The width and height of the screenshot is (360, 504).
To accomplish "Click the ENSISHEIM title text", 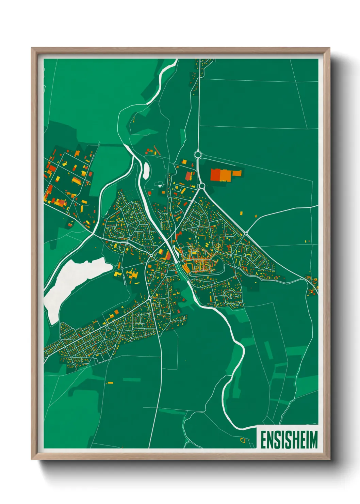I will click(x=289, y=440).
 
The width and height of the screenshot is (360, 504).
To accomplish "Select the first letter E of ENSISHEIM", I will click(x=264, y=440).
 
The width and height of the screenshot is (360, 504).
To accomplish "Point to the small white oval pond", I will click(x=146, y=170).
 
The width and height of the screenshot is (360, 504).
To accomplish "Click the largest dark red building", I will click(x=215, y=174).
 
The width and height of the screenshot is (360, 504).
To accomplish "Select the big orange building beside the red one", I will click(x=225, y=175).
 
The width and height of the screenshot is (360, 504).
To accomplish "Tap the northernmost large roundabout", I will click(x=198, y=155).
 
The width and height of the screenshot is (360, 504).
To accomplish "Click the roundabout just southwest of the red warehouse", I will click(x=201, y=186).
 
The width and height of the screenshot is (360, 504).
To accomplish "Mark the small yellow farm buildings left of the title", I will click(x=243, y=440).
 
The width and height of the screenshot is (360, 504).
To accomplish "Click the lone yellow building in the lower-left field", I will click(x=110, y=383).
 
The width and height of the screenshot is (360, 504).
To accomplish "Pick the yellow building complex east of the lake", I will click(x=131, y=274).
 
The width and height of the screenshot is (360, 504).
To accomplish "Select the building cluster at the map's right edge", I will click(x=312, y=284).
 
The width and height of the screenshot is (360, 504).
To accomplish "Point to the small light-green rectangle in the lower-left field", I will click(x=131, y=379).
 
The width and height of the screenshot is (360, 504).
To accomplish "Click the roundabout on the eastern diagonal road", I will click(x=245, y=234).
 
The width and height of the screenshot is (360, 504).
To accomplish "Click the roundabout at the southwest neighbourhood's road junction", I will click(x=149, y=298).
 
